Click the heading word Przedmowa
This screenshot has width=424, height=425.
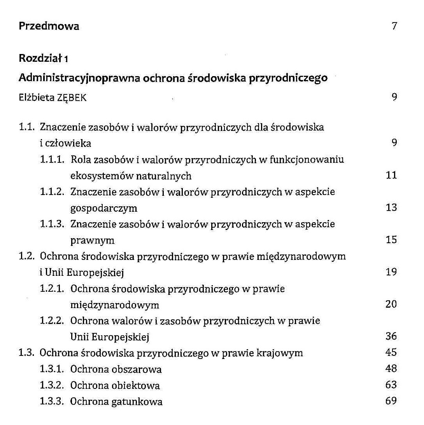click(49, 26)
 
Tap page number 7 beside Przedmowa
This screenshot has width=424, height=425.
click(394, 26)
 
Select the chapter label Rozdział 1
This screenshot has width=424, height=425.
click(44, 59)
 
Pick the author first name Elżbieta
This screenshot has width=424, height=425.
click(36, 98)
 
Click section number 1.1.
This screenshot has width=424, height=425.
click(27, 127)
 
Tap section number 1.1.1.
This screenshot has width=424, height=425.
click(53, 160)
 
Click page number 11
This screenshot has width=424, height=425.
click(391, 175)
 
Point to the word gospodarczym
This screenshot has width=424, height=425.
click(103, 208)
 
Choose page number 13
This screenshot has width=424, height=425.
click(391, 207)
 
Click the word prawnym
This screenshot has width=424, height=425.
click(92, 240)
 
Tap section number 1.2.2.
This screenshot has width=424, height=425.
click(53, 321)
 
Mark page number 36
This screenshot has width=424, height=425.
click(391, 336)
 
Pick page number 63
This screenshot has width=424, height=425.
click(391, 385)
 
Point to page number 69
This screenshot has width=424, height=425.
click(391, 401)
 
